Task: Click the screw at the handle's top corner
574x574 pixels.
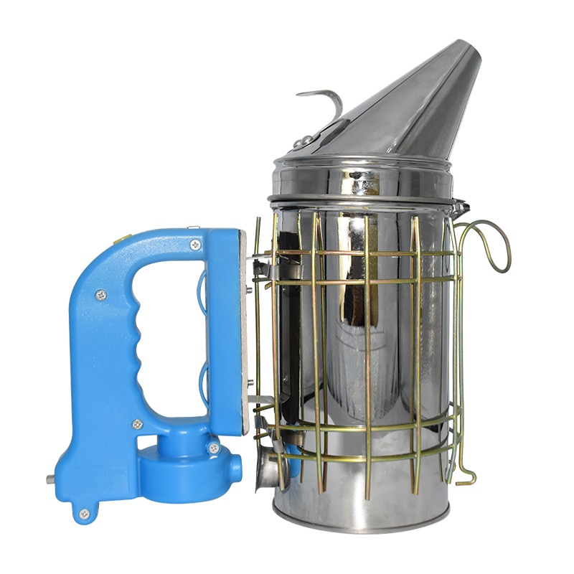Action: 196,245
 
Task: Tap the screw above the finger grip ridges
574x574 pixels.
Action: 102,293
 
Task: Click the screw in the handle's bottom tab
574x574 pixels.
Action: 85,514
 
